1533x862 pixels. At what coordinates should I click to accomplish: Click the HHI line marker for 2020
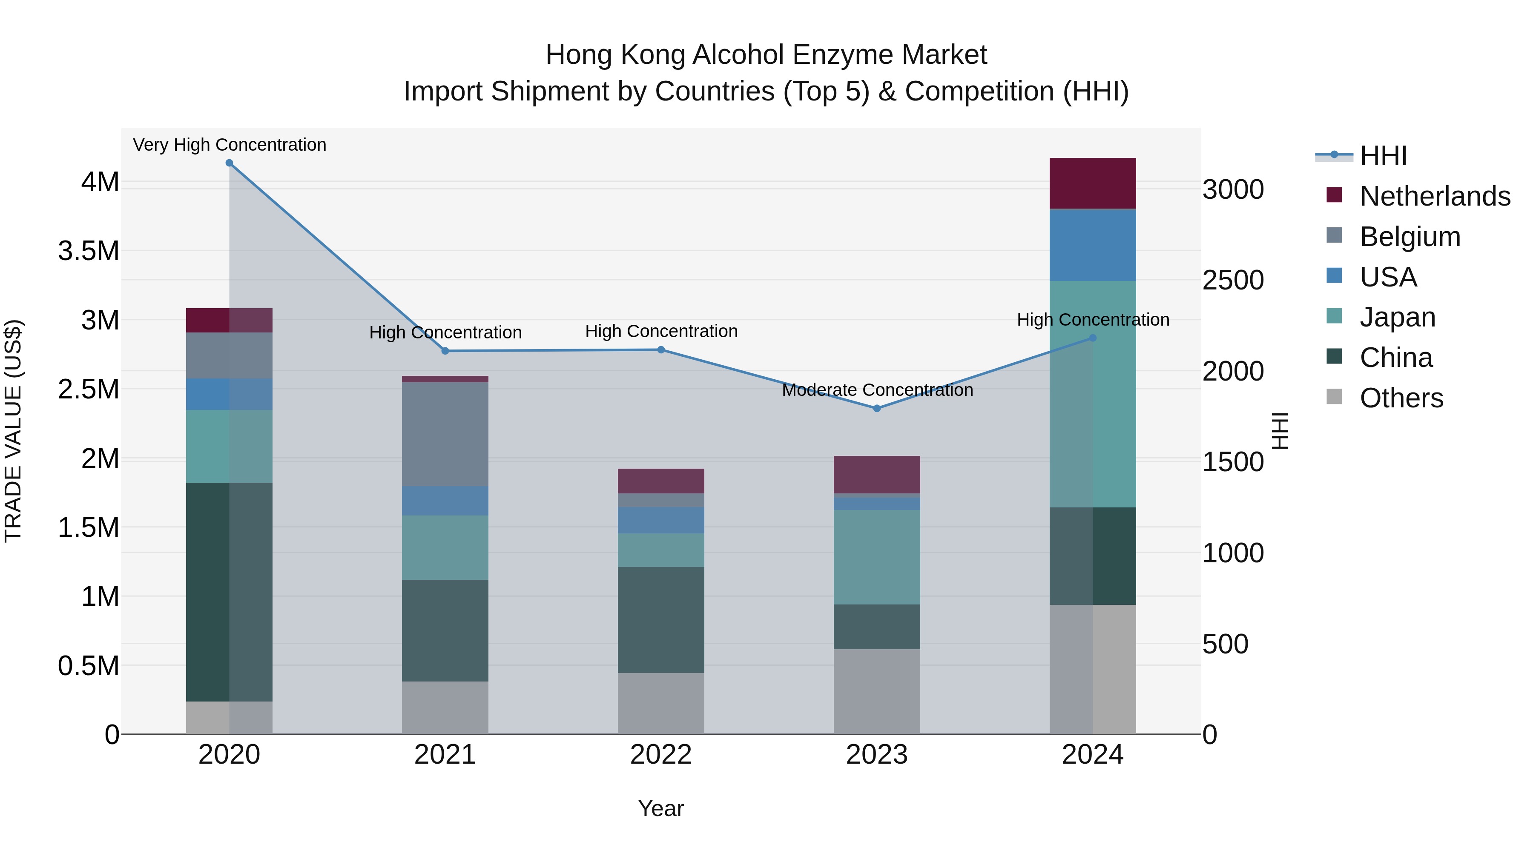point(229,163)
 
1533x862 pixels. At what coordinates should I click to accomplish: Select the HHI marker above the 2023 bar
point(877,409)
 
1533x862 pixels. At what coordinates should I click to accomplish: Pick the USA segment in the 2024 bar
point(1093,245)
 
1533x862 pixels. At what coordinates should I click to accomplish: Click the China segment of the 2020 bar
point(229,592)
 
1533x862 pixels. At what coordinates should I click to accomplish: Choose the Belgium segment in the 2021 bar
point(445,434)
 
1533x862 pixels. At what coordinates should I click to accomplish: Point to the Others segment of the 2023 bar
point(877,691)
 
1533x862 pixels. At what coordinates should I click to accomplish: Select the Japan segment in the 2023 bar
point(877,557)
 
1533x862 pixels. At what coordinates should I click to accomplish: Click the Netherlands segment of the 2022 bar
point(660,481)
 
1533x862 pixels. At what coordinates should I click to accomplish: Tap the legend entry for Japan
point(1397,317)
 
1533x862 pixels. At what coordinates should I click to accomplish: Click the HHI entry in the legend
point(1383,156)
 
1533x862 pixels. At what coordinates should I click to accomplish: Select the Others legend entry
point(1401,398)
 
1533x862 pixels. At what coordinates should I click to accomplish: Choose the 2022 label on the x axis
point(660,755)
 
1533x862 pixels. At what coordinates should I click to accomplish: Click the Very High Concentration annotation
point(229,145)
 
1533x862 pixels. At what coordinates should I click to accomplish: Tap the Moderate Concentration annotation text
point(877,390)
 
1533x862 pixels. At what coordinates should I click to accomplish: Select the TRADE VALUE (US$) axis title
point(13,431)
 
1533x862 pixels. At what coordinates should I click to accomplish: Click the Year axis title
point(660,808)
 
